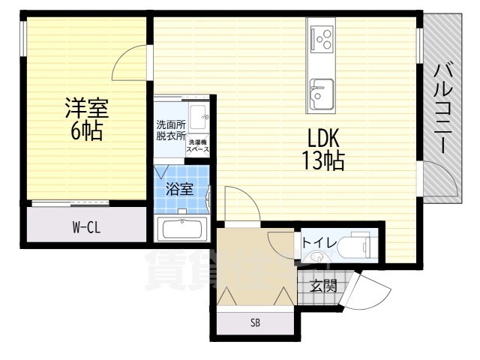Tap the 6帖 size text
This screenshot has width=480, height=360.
pos(86,132)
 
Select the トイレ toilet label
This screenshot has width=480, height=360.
pos(319,244)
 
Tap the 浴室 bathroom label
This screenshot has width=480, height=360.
pos(179,189)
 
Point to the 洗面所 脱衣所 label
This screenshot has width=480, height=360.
pos(170,130)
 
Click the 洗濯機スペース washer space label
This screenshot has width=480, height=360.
pos(198,146)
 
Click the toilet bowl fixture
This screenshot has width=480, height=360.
pos(355,244)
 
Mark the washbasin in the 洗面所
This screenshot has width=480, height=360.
pos(199,118)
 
